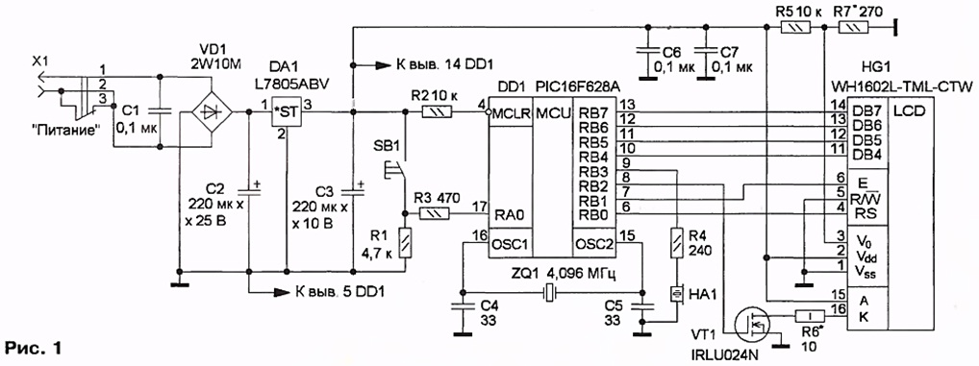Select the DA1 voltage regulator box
286,112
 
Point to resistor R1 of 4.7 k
405,242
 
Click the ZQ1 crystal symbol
549,292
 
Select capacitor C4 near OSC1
463,306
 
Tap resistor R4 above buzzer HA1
677,243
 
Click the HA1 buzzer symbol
677,293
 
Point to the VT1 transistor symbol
752,325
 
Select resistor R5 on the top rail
796,27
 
